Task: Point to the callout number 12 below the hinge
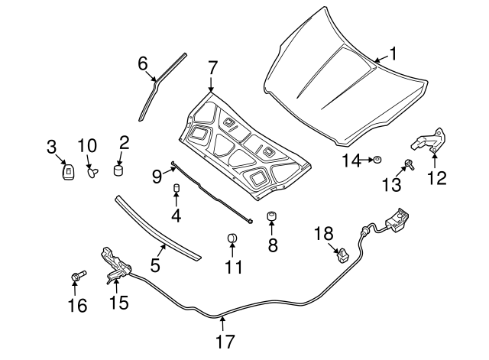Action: pos(436,179)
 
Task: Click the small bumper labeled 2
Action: pos(119,168)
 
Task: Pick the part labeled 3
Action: pos(68,172)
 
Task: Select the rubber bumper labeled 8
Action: pos(270,219)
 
